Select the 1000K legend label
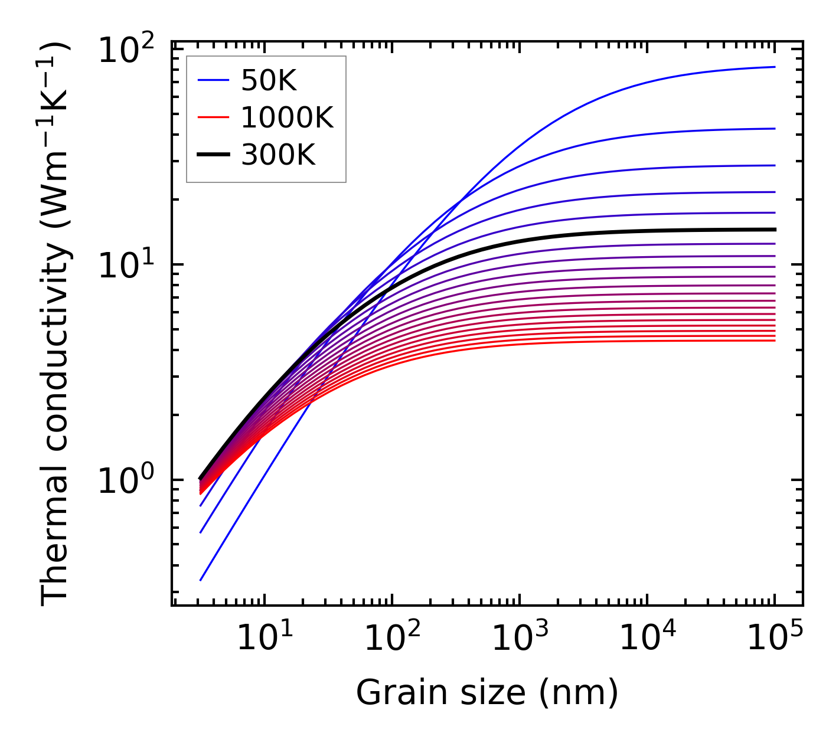tap(287, 118)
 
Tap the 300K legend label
tap(278, 155)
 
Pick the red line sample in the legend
tap(213, 118)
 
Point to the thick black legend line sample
tap(213, 155)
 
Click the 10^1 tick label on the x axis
tap(265, 637)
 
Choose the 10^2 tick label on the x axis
tap(392, 637)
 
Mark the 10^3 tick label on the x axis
tap(520, 637)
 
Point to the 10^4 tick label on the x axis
tap(647, 637)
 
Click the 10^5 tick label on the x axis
tap(775, 637)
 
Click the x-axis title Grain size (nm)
tap(487, 692)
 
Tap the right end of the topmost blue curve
tap(774, 67)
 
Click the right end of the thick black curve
tap(774, 230)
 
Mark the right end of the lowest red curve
tap(774, 341)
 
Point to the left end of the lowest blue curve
tap(201, 580)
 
